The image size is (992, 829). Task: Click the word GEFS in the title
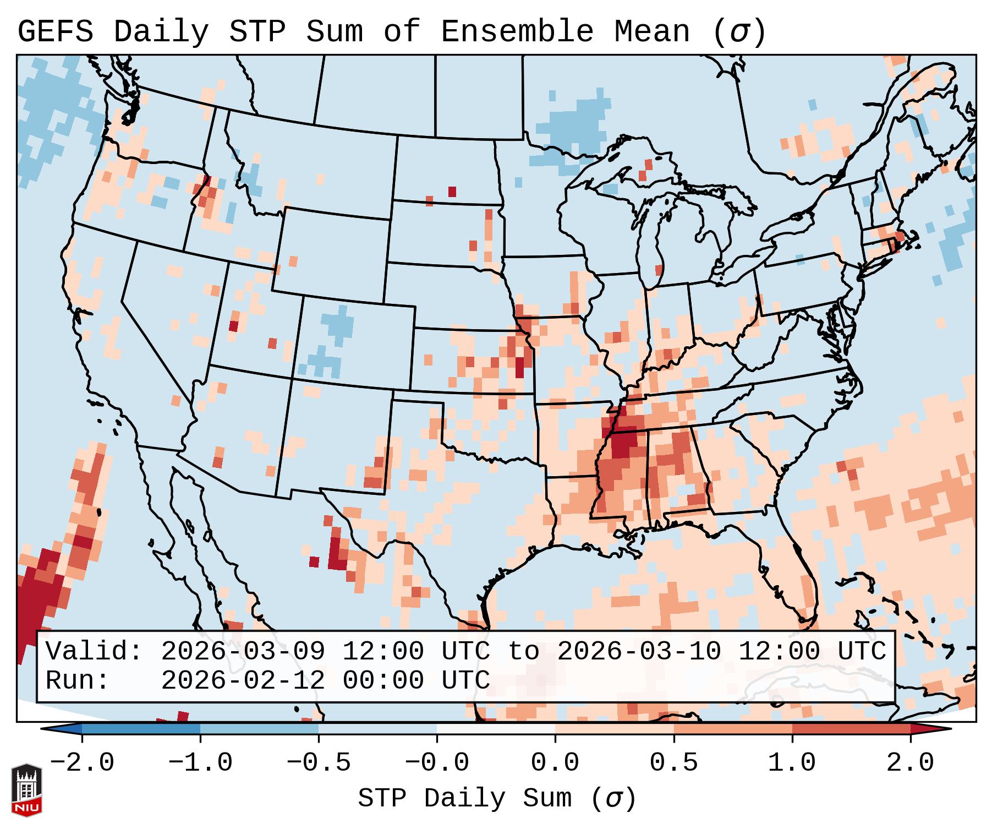(55, 32)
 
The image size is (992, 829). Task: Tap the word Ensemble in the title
(517, 32)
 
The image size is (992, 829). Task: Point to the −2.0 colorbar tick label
(82, 763)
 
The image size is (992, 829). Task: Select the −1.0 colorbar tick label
(200, 763)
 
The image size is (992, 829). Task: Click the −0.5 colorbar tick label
(319, 763)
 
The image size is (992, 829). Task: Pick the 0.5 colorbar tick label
(673, 763)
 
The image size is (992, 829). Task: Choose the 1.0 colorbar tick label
(792, 763)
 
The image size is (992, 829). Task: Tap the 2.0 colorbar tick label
(910, 763)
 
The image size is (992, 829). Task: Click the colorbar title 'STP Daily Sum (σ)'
(497, 799)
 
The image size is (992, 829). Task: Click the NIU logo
(26, 790)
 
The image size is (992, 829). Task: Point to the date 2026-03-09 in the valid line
(243, 652)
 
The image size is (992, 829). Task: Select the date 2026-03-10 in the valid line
(639, 652)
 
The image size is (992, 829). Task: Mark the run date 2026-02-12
(243, 681)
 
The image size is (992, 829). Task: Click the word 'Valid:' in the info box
(94, 652)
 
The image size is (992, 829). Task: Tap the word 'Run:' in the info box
(78, 681)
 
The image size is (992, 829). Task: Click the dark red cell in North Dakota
(452, 192)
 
